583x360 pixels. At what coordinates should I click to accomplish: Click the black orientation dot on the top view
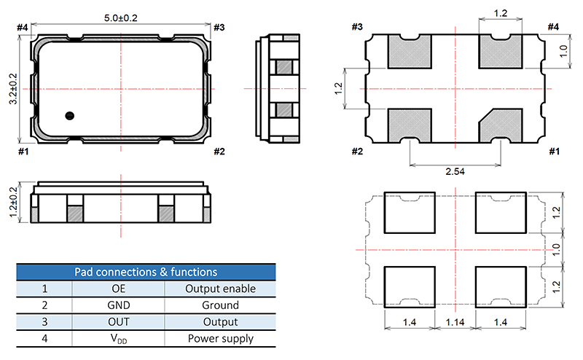coord(69,116)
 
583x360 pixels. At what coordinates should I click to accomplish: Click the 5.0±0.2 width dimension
coord(120,17)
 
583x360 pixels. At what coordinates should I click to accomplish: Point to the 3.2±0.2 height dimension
coord(13,89)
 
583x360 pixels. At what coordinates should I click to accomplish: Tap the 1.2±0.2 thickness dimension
coord(13,203)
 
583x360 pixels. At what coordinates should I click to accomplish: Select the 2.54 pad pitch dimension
coord(455,171)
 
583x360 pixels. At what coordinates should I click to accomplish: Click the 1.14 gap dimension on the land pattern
coord(455,322)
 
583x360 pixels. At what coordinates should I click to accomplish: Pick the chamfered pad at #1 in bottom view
coord(501,125)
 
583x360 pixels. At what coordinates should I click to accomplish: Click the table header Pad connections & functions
coord(146,272)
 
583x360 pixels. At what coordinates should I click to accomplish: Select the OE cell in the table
coord(119,289)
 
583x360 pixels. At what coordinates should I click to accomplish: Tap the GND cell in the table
coord(119,305)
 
